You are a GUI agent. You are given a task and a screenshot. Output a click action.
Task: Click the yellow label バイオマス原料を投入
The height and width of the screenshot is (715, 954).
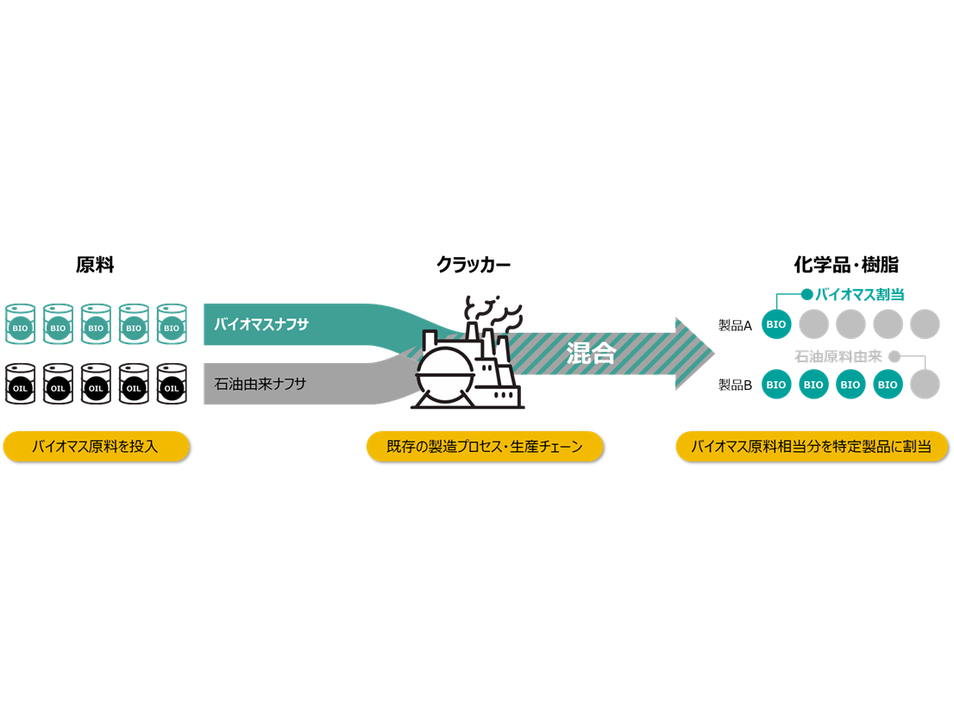(95, 447)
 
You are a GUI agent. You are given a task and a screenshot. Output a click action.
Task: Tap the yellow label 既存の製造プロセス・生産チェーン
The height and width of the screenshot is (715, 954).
(484, 447)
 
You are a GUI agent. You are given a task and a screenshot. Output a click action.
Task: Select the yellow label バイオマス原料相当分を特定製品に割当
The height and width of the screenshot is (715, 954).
(811, 447)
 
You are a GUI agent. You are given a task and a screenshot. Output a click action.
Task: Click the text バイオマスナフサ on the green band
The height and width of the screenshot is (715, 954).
(261, 325)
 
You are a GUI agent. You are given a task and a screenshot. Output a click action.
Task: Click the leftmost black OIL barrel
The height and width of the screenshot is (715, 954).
(21, 385)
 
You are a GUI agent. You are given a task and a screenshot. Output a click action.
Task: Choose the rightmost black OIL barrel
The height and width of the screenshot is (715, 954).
(172, 385)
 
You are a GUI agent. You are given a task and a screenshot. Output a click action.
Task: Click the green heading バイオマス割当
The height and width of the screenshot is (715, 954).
(859, 295)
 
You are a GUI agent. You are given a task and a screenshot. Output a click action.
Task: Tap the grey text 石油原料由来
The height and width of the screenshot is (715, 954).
(838, 355)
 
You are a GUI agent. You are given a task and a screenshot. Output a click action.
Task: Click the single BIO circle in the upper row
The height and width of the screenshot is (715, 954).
(776, 324)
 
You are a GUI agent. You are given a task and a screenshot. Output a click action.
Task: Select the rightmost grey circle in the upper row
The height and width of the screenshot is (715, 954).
(925, 324)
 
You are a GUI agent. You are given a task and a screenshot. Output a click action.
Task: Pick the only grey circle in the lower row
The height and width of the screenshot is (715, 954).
(925, 384)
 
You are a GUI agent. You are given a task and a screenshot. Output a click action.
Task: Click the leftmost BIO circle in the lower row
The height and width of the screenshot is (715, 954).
(776, 384)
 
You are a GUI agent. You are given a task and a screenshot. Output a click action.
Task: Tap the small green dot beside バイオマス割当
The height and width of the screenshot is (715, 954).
(807, 294)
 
